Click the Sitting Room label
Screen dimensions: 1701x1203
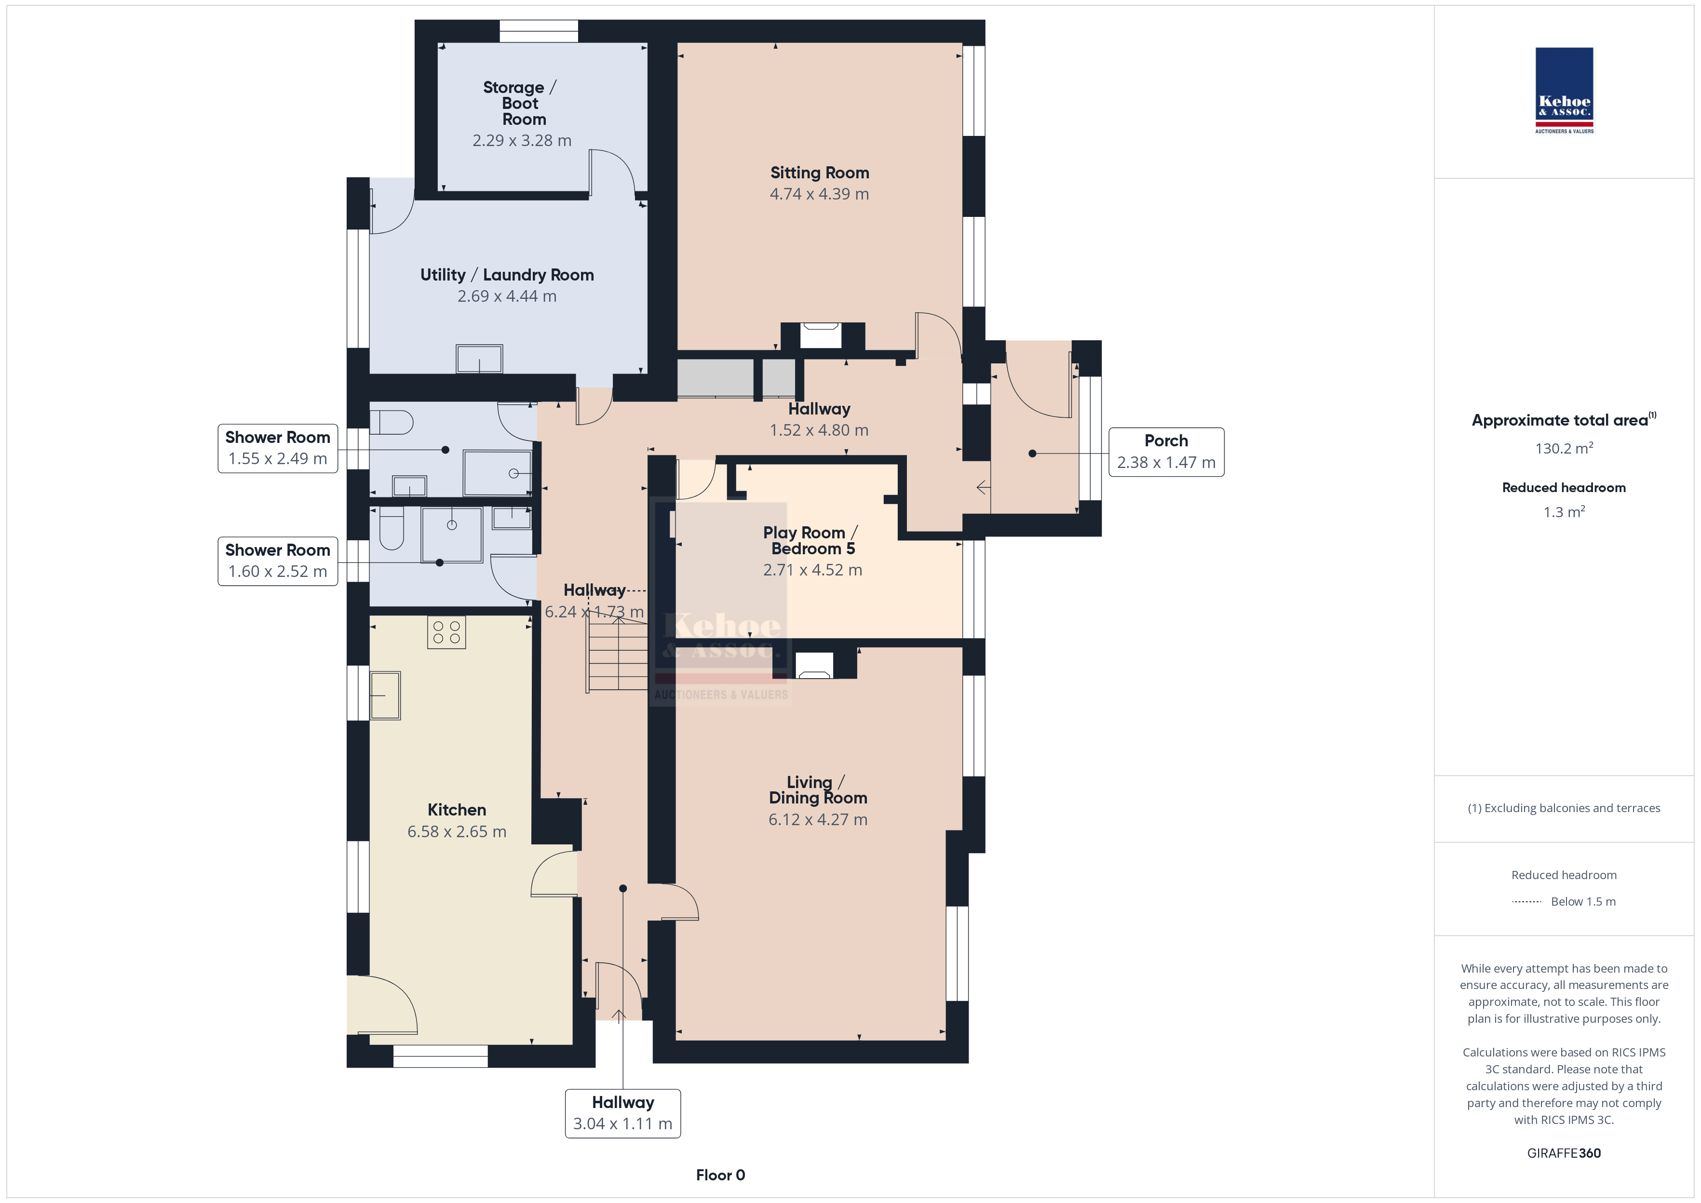(x=819, y=173)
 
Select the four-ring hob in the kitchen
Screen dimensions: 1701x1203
(x=446, y=632)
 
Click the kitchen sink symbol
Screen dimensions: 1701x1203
(x=385, y=695)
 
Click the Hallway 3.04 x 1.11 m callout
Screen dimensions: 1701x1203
(x=622, y=1112)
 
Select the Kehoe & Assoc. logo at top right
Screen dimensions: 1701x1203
(x=1564, y=91)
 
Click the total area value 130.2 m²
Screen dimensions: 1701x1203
(x=1564, y=448)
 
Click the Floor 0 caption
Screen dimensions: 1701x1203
(x=720, y=1175)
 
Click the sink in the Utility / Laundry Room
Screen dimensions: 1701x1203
(x=479, y=359)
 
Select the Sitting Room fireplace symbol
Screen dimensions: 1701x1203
(x=821, y=335)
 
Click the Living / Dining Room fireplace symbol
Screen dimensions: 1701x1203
(x=813, y=665)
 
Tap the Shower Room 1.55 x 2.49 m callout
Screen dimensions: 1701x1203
(x=278, y=448)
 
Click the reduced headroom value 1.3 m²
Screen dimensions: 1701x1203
(x=1564, y=512)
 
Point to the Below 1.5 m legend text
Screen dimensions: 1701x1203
(x=1583, y=901)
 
